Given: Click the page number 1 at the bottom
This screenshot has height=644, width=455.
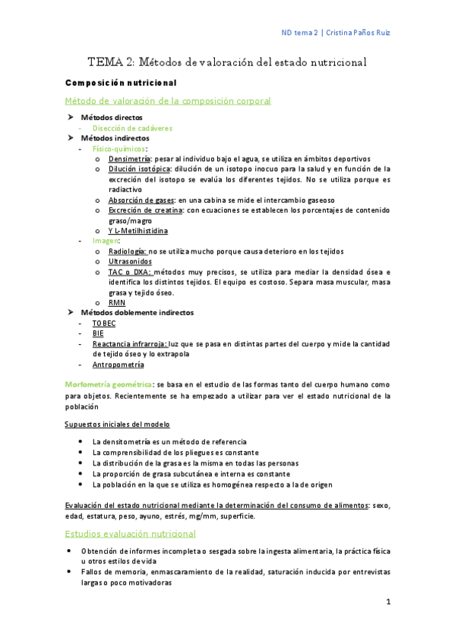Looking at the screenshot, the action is [387, 602].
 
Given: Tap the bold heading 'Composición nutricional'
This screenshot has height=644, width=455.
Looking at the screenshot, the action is [121, 82].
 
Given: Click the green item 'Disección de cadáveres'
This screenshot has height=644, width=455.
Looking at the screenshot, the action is [132, 128].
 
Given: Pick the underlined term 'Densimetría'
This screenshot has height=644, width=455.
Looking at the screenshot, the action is [129, 159].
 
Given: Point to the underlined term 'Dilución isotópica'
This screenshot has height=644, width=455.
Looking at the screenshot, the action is [138, 169].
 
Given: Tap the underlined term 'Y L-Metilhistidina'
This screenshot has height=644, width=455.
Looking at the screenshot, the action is [138, 230].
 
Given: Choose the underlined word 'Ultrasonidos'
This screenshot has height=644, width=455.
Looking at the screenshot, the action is [130, 261].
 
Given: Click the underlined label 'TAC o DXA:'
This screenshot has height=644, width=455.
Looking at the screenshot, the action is [130, 272].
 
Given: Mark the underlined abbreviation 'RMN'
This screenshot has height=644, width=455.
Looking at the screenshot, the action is [116, 302].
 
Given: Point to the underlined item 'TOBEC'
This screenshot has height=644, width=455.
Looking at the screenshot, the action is [104, 323].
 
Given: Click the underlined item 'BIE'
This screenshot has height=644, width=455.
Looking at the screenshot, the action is [99, 333].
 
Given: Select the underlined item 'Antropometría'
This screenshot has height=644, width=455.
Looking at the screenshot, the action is [118, 364].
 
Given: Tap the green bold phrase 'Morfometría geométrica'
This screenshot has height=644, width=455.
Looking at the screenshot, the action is [109, 385].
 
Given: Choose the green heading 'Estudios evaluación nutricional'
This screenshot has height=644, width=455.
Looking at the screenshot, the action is [131, 534].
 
